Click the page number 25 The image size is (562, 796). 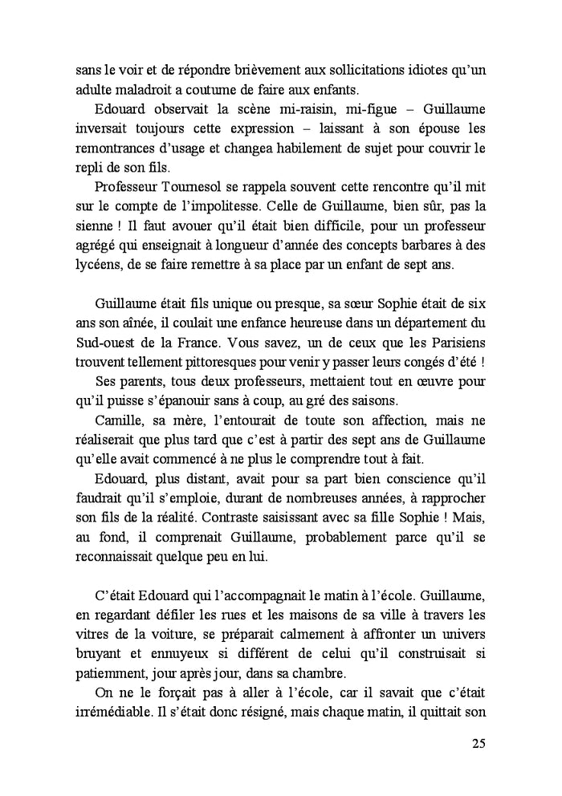click(x=478, y=743)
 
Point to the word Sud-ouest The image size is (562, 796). click(x=94, y=344)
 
